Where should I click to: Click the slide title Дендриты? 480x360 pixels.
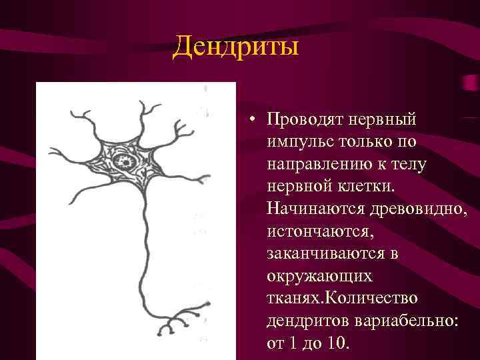pyautogui.click(x=235, y=48)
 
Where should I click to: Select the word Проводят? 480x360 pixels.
pyautogui.click(x=300, y=120)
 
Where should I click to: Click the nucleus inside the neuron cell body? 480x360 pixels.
pyautogui.click(x=125, y=161)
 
